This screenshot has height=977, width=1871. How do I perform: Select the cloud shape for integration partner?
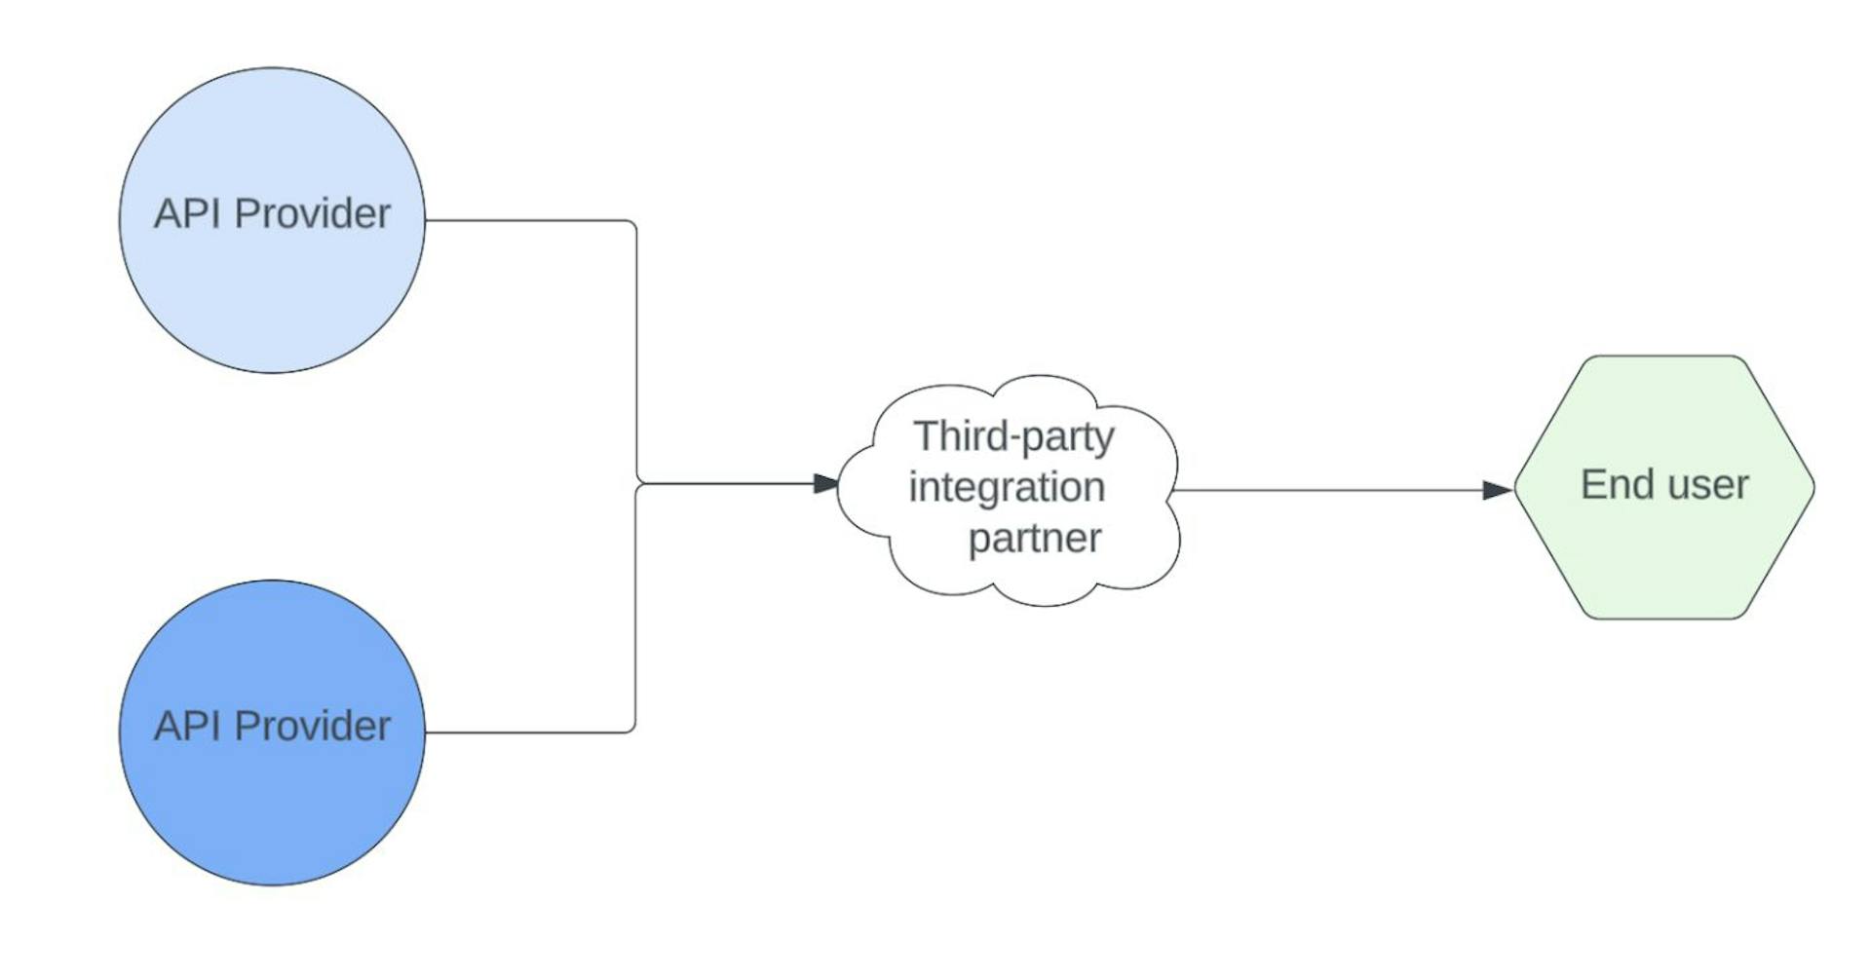(x=1009, y=575)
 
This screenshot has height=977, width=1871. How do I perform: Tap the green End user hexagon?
(x=1663, y=565)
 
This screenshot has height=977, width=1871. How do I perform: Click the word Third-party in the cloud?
(x=1013, y=437)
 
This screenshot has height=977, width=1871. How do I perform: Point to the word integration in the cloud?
(x=1007, y=487)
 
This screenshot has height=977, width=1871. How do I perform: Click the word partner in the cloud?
(x=1034, y=538)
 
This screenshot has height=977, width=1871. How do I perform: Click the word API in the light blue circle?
(x=188, y=213)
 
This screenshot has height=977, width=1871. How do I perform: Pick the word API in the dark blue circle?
(x=188, y=726)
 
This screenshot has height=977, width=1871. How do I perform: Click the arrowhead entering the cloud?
(x=825, y=483)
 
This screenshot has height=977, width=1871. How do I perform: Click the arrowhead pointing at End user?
(x=1497, y=490)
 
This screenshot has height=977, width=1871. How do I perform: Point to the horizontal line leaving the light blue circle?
(x=526, y=220)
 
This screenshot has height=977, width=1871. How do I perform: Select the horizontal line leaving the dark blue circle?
(x=526, y=733)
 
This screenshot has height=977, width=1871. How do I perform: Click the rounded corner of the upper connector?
(x=633, y=224)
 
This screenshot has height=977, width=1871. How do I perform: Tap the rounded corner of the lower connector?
(x=632, y=729)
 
